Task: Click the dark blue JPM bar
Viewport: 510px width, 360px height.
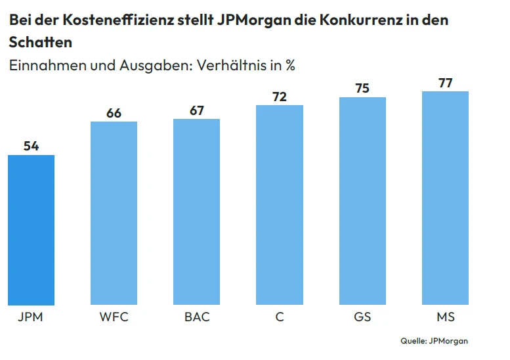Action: pos(31,230)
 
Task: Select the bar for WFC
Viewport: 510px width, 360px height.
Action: pos(114,214)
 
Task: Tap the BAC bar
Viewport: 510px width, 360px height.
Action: pos(197,212)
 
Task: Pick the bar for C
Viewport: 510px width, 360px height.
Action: pos(280,205)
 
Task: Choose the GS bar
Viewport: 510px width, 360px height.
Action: pos(362,201)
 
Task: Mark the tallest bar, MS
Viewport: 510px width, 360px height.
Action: pos(445,198)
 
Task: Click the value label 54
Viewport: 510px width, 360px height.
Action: pos(31,146)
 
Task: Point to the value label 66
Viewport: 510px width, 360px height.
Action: pos(114,113)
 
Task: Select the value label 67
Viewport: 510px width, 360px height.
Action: pos(197,110)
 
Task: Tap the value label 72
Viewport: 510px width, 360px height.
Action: pos(280,97)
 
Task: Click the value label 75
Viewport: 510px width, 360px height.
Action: pos(362,88)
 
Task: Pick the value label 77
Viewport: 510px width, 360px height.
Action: pos(445,83)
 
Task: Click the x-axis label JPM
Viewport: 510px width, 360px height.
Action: pos(31,317)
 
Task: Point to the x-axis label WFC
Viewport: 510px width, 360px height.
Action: pos(114,317)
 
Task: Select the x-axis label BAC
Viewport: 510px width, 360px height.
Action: pos(197,317)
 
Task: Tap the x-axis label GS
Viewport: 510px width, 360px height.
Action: pos(362,317)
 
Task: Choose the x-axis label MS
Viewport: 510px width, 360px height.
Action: pos(445,317)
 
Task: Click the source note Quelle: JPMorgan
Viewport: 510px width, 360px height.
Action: pos(434,341)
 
